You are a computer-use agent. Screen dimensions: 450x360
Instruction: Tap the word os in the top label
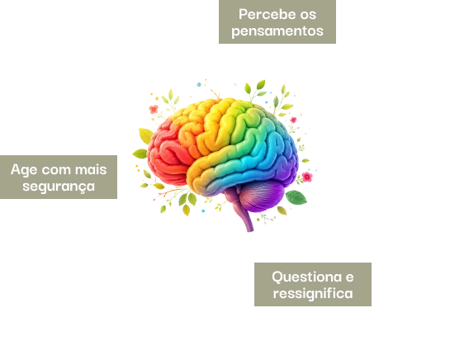click(308, 15)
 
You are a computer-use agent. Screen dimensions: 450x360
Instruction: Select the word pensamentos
click(277, 31)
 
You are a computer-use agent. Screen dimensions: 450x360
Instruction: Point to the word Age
click(24, 170)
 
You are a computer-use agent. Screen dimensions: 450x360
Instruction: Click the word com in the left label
click(56, 170)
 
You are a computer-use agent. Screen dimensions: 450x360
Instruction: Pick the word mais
click(91, 169)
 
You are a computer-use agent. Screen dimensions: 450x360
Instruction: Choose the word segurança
click(59, 187)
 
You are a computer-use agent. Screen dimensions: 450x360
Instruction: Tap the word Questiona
click(306, 277)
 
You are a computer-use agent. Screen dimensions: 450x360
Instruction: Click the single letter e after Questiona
click(349, 277)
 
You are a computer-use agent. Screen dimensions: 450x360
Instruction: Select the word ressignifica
click(313, 294)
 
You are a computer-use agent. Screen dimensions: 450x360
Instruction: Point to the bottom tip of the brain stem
click(250, 230)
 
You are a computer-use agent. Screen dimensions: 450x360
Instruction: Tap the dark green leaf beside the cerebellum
click(296, 197)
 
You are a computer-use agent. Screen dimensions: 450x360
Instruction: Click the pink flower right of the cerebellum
click(307, 177)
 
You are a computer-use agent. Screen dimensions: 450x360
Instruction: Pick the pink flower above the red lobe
click(154, 109)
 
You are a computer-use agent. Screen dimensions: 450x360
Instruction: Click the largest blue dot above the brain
click(199, 84)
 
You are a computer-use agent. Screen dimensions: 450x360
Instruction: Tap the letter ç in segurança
click(83, 188)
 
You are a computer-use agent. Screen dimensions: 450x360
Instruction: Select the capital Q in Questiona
click(277, 277)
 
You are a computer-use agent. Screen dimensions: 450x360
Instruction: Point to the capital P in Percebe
click(243, 14)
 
